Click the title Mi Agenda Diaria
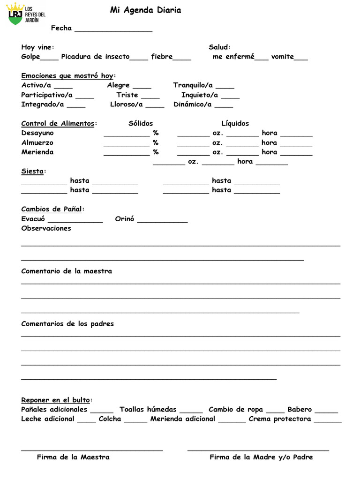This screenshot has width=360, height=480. coord(145,10)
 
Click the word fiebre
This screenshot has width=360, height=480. coord(162,57)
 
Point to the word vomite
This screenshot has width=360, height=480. coord(282,57)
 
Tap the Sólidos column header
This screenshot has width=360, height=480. coord(141,123)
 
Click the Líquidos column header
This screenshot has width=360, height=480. coord(235,123)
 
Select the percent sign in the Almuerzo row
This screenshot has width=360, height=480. coord(156,142)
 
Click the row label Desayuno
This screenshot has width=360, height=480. coord(37,133)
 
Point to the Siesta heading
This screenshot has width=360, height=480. coord(32,171)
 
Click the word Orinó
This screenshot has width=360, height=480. coord(125,219)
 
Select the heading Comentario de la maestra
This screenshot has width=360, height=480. coord(67,271)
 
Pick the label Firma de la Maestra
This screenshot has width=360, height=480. coord(73,457)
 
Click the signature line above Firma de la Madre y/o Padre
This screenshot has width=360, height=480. coord(258,450)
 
